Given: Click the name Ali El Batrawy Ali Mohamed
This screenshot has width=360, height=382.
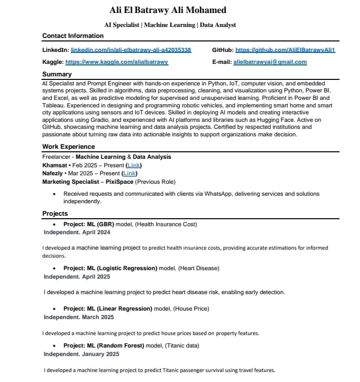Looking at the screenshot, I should click(168, 10).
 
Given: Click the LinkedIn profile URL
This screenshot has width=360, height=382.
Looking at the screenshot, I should click(131, 50).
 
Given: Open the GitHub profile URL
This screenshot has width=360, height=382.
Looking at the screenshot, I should click(285, 50).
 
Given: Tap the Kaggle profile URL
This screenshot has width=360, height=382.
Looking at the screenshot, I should click(116, 62).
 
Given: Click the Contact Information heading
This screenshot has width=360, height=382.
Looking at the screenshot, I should click(73, 36).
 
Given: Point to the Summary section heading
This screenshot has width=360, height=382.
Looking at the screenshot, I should click(57, 74).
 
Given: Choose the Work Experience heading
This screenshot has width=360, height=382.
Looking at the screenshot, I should click(68, 147).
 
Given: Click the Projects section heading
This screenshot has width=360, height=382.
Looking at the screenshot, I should click(55, 214).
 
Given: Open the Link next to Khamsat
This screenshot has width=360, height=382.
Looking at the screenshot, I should click(134, 165).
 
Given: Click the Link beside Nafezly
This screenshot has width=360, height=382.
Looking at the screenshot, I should click(129, 173).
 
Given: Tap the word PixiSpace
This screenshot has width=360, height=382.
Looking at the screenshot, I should click(119, 182).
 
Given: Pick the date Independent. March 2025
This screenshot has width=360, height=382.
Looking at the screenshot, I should click(78, 317).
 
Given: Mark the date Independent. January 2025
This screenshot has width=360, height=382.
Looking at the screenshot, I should click(81, 354).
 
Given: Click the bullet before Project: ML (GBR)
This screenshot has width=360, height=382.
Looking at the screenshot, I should click(54, 225).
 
